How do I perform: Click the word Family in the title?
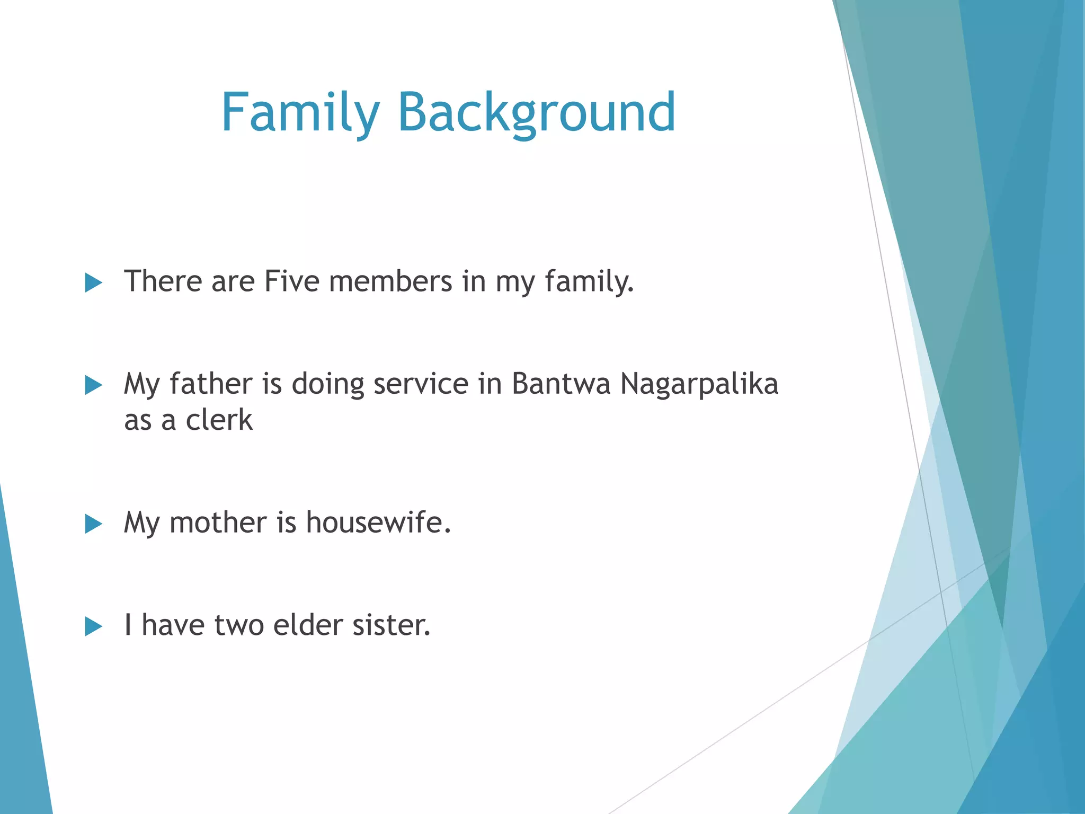point(300,112)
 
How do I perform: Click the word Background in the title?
point(536,112)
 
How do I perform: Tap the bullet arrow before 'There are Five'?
point(93,283)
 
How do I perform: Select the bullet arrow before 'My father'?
point(93,385)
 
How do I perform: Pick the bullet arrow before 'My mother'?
point(93,524)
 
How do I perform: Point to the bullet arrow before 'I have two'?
point(93,626)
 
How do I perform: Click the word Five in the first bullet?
point(291,281)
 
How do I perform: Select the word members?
point(390,281)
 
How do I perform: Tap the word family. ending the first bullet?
point(589,282)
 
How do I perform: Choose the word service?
point(421,384)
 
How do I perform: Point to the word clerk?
point(219,420)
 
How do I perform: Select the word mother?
point(218,523)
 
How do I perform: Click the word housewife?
point(378,523)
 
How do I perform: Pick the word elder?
point(308,625)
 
